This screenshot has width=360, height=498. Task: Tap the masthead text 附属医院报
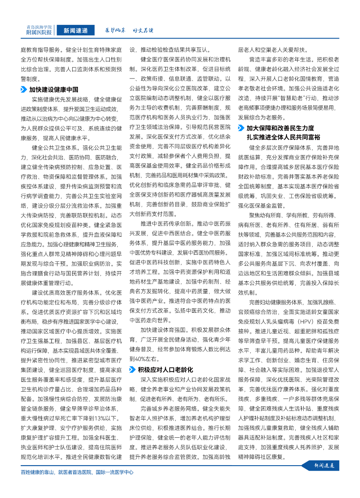(x=39, y=33)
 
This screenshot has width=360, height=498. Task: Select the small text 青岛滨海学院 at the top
(x=39, y=27)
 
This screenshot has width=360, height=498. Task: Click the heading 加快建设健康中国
(x=54, y=89)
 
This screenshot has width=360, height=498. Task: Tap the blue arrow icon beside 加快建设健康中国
(x=24, y=89)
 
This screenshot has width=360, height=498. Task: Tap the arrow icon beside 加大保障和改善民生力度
(x=241, y=128)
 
